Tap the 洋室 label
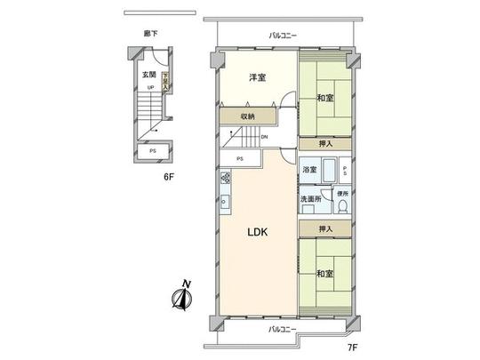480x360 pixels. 258,77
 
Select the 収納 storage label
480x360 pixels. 246,116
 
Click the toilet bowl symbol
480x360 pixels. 342,208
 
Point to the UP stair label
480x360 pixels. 150,87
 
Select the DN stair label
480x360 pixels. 264,137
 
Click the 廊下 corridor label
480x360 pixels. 150,33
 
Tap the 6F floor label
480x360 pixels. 167,176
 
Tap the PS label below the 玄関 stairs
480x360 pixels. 153,152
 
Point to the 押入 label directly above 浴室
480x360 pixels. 325,142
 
